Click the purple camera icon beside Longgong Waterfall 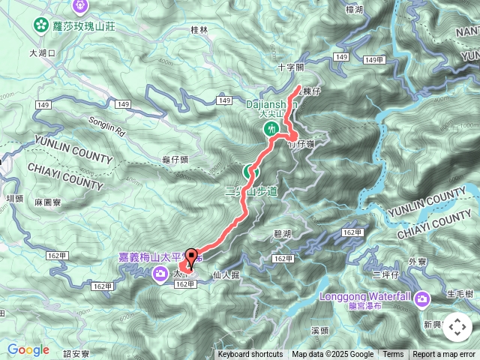[x=422, y=300]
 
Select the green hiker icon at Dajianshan [x=271, y=130]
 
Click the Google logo [x=28, y=349]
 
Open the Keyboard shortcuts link [x=250, y=355]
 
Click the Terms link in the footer [x=393, y=355]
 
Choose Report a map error [x=444, y=355]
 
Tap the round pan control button [x=457, y=328]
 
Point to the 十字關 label [x=289, y=67]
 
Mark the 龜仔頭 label [x=175, y=160]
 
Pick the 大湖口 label [x=43, y=53]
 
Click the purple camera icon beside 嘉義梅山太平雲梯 [x=160, y=275]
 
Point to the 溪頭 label [x=319, y=330]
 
